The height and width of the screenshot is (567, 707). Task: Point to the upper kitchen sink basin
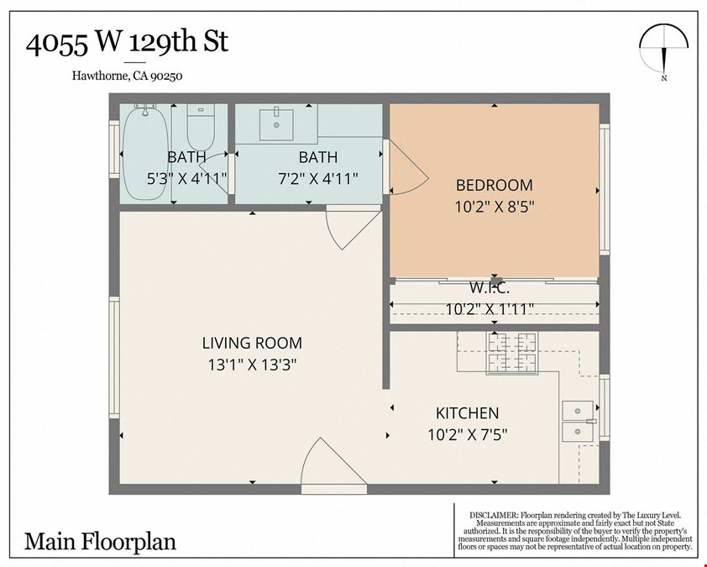[x=578, y=411]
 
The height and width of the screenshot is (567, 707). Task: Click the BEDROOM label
[x=495, y=185]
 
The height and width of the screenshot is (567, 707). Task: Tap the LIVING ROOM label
[x=252, y=343]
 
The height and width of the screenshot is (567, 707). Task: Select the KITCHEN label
[x=467, y=412]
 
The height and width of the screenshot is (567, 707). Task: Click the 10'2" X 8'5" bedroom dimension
[x=495, y=207]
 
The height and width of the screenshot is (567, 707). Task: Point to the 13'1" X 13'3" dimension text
[x=252, y=365]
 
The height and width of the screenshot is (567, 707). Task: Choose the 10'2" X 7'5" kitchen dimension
[x=467, y=435]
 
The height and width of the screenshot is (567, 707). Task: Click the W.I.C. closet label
[x=490, y=287]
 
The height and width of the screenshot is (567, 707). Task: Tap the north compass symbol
[x=663, y=52]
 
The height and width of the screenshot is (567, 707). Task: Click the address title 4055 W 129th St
[x=127, y=43]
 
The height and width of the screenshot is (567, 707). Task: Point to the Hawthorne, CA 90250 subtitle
[x=127, y=76]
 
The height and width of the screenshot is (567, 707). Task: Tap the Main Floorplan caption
[x=100, y=542]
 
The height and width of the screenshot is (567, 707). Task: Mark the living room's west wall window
[x=114, y=357]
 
